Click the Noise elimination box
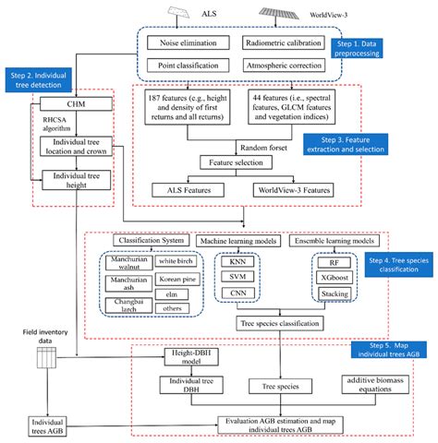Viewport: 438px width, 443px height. pyautogui.click(x=193, y=43)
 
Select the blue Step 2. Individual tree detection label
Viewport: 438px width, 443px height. pyautogui.click(x=37, y=82)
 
